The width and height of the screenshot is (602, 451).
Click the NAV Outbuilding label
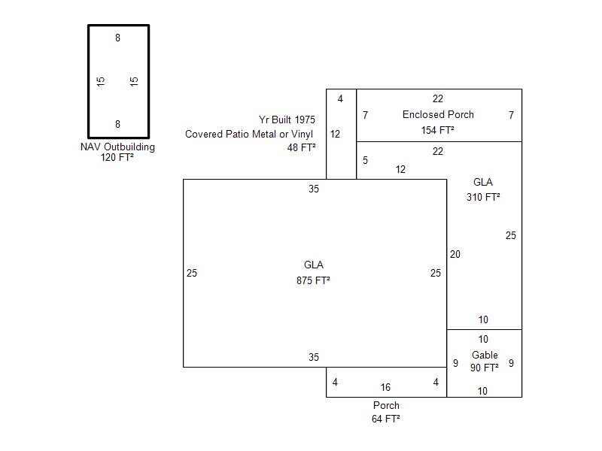(117, 147)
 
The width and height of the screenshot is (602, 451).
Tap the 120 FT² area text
(117, 158)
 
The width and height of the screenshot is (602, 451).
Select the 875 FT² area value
(314, 280)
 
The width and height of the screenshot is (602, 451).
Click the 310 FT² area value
(483, 197)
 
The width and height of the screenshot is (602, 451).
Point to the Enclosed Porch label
(438, 114)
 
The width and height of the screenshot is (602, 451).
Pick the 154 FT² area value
(438, 130)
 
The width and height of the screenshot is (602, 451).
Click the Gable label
(485, 355)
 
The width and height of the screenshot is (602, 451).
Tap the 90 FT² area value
(485, 368)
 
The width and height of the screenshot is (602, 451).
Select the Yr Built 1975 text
(287, 120)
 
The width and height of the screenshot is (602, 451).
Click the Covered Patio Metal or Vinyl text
(250, 134)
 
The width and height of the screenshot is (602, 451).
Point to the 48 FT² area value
(301, 147)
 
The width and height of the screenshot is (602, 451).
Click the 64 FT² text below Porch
(386, 419)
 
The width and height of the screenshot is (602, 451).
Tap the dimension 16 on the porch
(385, 388)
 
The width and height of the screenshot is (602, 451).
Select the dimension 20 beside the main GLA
(455, 254)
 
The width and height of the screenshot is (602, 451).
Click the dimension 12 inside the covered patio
(335, 135)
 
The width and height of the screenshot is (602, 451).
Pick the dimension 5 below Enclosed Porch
(365, 160)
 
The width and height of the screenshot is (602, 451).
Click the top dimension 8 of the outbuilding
(117, 38)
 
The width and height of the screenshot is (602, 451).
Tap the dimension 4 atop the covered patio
(340, 98)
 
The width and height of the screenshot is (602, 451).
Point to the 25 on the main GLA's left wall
(192, 273)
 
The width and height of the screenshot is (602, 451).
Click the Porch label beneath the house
(386, 405)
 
